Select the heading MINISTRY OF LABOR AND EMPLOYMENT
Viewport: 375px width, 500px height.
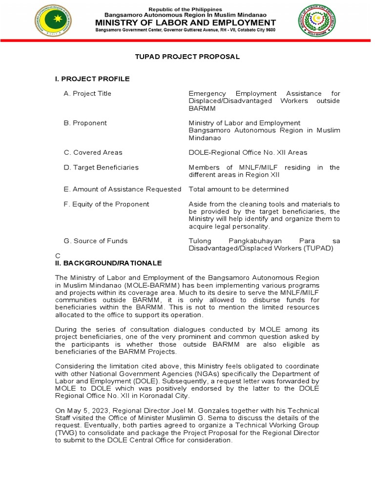point(186,22)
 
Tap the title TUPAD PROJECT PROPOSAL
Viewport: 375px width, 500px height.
point(187,57)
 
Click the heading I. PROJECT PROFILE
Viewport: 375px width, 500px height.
point(92,79)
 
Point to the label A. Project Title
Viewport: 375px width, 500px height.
point(87,93)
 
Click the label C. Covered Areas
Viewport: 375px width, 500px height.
point(93,152)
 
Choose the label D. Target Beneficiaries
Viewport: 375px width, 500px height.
point(101,167)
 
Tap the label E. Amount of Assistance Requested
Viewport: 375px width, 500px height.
point(122,189)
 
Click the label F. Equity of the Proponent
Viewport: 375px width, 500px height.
point(106,204)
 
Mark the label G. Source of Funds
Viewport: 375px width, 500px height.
point(96,241)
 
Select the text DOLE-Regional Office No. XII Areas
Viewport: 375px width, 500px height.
point(248,152)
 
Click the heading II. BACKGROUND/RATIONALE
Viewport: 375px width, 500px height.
point(108,263)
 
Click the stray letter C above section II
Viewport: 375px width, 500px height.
point(57,255)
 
